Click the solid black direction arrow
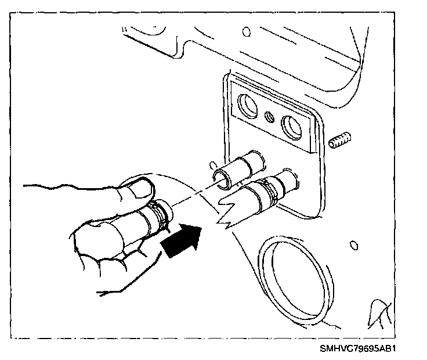(x=181, y=240)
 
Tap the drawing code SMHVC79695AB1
(x=360, y=350)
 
